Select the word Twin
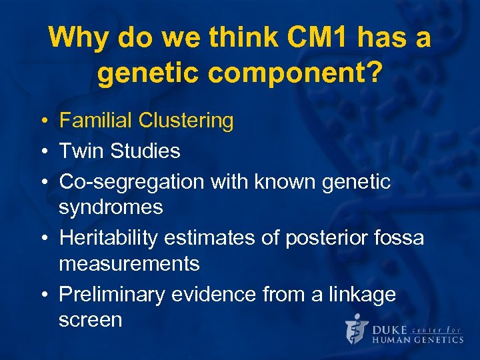pyautogui.click(x=81, y=151)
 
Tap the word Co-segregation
pyautogui.click(x=130, y=181)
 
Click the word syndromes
pyautogui.click(x=111, y=207)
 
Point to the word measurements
pyautogui.click(x=129, y=264)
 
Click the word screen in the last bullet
pyautogui.click(x=90, y=320)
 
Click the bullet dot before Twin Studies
pyautogui.click(x=43, y=151)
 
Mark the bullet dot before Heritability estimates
pyautogui.click(x=43, y=239)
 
